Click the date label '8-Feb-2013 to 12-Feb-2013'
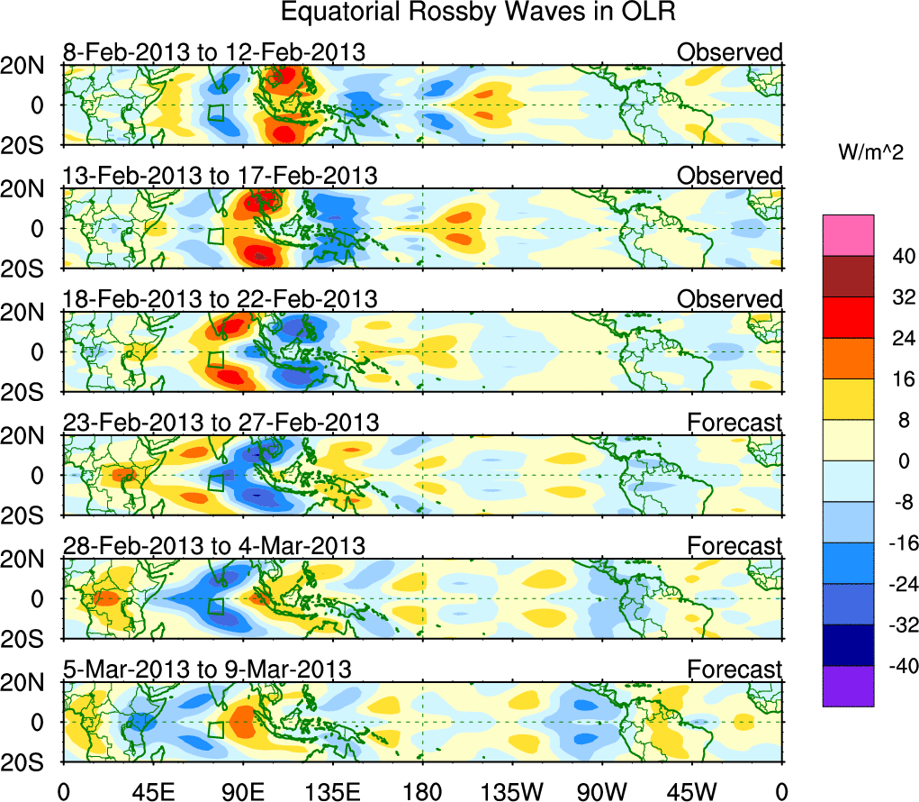click(x=214, y=52)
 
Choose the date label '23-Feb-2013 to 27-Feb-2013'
click(x=221, y=422)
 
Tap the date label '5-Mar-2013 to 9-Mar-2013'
click(x=207, y=669)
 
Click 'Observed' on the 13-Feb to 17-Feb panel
click(x=729, y=176)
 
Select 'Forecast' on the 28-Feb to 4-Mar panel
click(x=734, y=545)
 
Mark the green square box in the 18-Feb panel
click(x=215, y=360)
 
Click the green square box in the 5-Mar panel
click(x=215, y=729)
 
